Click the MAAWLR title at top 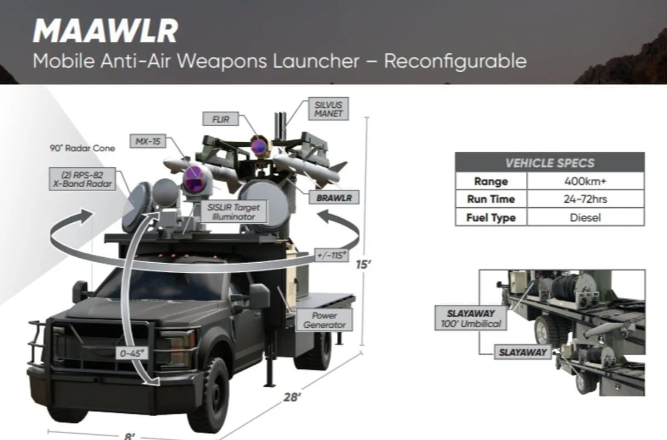pos(106,31)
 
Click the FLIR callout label pos(221,119)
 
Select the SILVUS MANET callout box pos(328,109)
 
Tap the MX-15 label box pos(148,141)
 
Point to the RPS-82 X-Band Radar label pos(82,179)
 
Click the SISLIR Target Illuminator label pos(233,212)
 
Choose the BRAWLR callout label pos(334,198)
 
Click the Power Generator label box pos(324,320)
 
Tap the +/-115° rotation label pos(332,256)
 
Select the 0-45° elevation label pos(132,353)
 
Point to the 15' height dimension pos(364,264)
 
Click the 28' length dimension pos(292,397)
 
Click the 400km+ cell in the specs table pos(585,181)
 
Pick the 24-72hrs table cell pos(585,199)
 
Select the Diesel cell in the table pos(585,217)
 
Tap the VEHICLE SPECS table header pos(550,163)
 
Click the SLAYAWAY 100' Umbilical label pos(471,318)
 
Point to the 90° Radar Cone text pos(82,148)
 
